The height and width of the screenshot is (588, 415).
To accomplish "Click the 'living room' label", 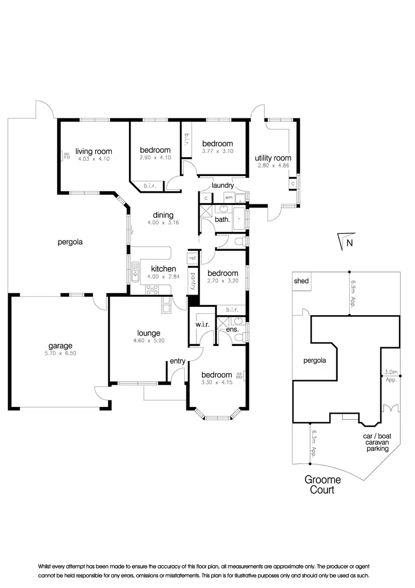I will pos(94,151).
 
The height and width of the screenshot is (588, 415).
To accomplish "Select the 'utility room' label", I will pos(273,158).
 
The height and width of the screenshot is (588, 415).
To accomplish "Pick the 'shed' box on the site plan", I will pos(302,281).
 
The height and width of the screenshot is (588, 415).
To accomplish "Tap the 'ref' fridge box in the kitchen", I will pos(193,258).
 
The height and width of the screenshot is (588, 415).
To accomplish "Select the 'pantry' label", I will pos(193,280).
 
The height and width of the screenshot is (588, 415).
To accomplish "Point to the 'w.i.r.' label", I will pos(201,324).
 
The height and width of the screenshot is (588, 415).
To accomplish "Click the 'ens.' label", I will pos(233,329).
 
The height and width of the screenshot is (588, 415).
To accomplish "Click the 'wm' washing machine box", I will pos(229,197).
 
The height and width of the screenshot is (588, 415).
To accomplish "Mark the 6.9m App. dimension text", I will pos(353,293).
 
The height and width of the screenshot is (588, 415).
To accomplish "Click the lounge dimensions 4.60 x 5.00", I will pos(149,341).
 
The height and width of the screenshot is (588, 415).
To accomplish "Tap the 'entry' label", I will pos(177,361).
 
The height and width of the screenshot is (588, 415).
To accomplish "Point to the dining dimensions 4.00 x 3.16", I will pos(160,224).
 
